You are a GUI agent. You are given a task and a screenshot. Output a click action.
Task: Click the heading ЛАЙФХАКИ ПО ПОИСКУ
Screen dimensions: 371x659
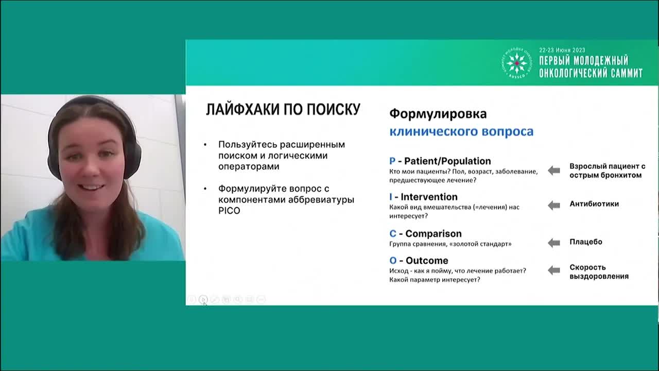point(283,110)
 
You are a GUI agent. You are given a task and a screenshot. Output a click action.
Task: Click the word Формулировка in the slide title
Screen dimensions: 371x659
point(438,113)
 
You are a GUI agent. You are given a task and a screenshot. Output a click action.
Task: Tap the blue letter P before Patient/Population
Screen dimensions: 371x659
point(392,161)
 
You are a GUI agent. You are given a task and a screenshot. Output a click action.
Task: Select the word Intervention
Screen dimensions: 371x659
point(429,197)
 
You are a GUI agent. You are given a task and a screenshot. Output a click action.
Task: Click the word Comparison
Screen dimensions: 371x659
point(433,233)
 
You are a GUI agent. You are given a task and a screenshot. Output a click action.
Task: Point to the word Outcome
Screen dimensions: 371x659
point(427,260)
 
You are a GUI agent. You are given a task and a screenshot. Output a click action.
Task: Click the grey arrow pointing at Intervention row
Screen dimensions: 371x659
point(553,205)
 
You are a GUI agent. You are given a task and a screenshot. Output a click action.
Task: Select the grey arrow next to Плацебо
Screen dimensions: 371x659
point(553,243)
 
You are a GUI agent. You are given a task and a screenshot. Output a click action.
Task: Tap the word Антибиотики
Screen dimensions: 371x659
point(594,204)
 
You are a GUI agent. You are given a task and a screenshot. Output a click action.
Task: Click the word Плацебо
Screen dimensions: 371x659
point(585,242)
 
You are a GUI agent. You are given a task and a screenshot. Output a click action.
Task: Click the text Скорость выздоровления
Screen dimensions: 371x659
point(598,272)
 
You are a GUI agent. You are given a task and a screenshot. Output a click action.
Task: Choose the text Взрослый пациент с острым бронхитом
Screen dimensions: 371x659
point(606,171)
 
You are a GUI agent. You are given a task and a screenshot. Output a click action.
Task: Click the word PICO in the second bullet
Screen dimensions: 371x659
point(229,211)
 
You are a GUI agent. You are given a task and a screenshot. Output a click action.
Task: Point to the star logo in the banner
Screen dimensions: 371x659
point(516,63)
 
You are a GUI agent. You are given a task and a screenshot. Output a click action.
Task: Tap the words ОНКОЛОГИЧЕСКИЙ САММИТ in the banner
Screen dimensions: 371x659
point(590,73)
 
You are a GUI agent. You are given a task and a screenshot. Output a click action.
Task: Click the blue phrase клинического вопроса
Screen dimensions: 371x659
point(461,131)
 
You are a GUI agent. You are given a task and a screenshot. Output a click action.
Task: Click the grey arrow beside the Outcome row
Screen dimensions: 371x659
point(553,270)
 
